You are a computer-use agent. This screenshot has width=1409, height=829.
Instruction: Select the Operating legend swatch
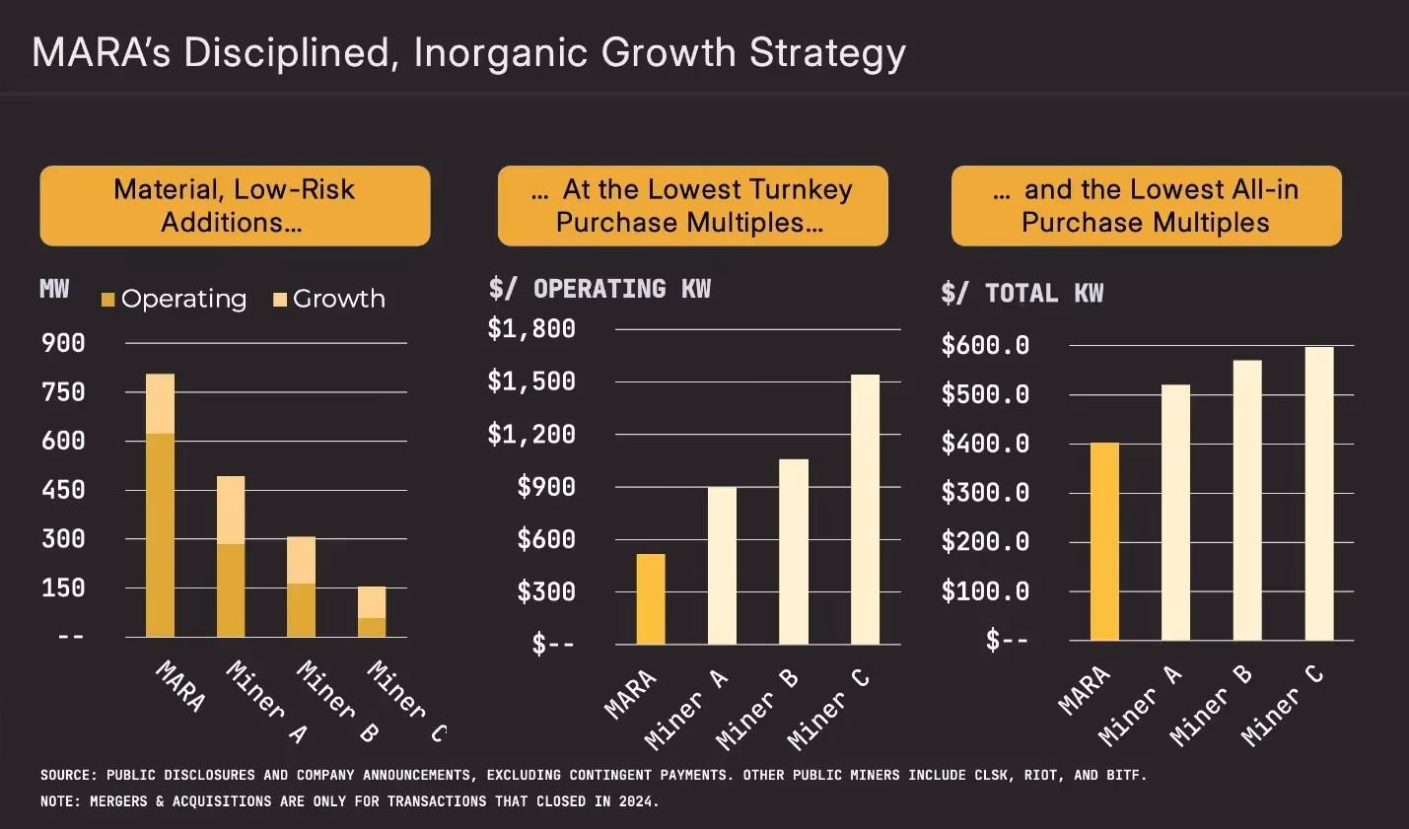(108, 300)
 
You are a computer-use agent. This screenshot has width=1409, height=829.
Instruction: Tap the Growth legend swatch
(280, 300)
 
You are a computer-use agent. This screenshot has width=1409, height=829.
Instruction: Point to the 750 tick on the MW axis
(63, 392)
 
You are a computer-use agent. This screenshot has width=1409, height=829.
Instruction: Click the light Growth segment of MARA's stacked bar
(160, 403)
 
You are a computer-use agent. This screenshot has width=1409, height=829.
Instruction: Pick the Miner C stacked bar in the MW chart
(372, 612)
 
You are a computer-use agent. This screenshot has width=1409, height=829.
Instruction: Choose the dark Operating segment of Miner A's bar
(231, 589)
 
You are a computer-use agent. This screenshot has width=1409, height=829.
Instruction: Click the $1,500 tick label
(531, 381)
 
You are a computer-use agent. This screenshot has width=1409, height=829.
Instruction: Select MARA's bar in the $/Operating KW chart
(651, 598)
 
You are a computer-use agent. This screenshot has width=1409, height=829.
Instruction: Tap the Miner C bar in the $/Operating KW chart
(865, 509)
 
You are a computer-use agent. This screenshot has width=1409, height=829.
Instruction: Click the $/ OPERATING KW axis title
(599, 289)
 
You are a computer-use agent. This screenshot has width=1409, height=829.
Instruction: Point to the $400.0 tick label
(985, 444)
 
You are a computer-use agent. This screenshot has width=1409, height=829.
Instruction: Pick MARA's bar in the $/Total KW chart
(1104, 541)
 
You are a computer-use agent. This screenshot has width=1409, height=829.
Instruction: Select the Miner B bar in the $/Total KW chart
(1247, 500)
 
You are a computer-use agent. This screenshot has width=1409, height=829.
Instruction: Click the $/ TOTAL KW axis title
(1022, 294)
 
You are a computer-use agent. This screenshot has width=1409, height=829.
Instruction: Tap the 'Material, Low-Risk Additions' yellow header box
(235, 206)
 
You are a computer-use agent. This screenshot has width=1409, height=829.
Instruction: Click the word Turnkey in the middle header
(800, 189)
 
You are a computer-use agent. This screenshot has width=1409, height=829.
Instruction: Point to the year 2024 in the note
(635, 801)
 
